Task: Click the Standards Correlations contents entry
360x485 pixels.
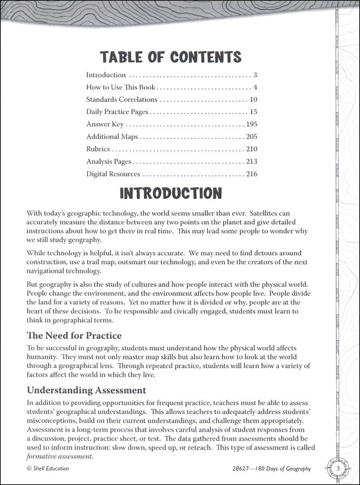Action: click(122, 99)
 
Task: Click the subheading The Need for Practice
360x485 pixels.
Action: click(74, 335)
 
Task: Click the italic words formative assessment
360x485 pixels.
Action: click(59, 456)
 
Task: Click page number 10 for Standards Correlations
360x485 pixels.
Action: click(253, 99)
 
